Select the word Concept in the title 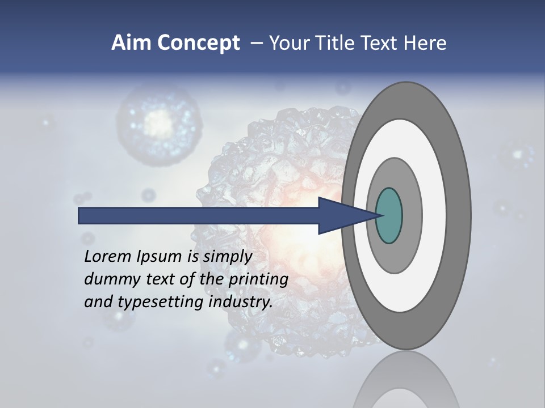pos(199,43)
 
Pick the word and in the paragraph pos(98,301)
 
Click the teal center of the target pos(389,216)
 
